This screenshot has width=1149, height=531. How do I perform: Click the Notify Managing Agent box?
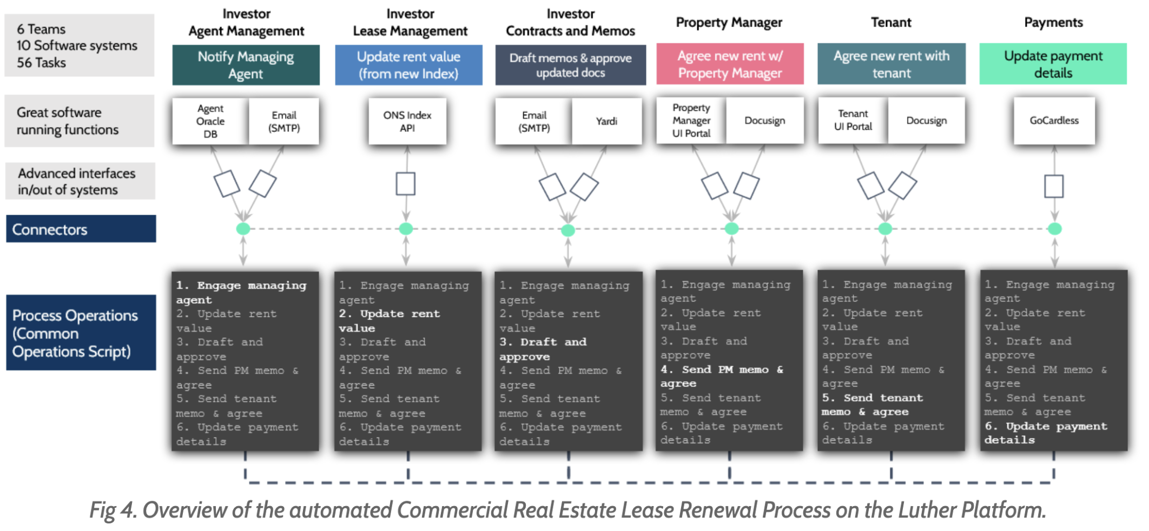pos(246,65)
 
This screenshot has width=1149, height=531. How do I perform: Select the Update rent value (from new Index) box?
pos(408,65)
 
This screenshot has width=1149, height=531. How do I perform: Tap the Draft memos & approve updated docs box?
pos(570,65)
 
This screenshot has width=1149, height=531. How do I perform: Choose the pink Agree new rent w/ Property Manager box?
pos(730,64)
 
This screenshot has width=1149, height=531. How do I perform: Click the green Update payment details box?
pos(1053,64)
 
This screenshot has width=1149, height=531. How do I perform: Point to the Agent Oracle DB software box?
pos(210,121)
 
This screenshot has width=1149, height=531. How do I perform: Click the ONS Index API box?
pos(407,121)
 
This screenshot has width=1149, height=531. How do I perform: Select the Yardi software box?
pos(606,121)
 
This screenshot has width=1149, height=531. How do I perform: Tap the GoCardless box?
pos(1054,121)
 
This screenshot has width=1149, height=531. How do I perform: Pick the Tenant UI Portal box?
pos(853,120)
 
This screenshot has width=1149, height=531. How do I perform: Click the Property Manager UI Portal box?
pos(691,120)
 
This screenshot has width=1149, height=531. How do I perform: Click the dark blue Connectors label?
pos(81,229)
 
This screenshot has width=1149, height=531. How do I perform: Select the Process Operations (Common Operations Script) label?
pos(81,333)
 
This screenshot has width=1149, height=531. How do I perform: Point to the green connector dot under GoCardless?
pos(1054,229)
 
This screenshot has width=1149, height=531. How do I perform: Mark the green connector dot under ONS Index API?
pos(406,229)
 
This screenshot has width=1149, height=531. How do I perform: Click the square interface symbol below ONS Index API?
pos(406,184)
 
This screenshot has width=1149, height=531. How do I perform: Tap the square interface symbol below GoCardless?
pos(1054,186)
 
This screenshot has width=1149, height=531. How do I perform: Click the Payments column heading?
pos(1053,22)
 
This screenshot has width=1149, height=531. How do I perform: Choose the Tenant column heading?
pos(891,22)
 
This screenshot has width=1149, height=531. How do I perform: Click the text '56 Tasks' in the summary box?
pos(41,63)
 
